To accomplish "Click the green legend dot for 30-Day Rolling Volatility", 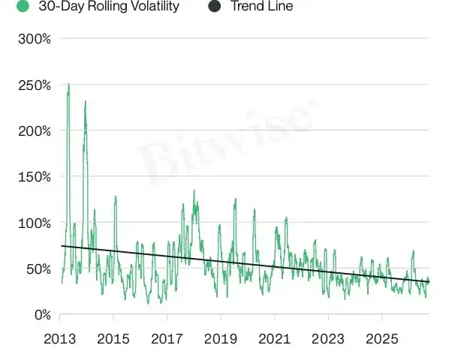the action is [23, 6].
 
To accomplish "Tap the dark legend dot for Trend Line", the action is [215, 6].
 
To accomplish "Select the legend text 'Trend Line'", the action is [262, 6].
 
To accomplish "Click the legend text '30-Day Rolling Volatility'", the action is [109, 6].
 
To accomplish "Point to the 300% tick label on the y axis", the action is [35, 39].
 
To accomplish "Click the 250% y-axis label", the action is [35, 85].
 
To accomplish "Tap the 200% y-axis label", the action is [35, 132].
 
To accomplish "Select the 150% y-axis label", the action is [35, 177].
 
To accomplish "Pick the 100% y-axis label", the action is [35, 223].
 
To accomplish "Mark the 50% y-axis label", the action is [38, 269].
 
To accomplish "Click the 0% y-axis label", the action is [43, 315].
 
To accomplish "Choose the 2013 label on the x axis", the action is [59, 339].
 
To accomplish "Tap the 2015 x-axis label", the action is [113, 339].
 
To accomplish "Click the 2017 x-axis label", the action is [167, 339].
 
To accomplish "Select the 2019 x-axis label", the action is [221, 339].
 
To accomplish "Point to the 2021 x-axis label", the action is [275, 339].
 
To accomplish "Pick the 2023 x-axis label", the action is [328, 339].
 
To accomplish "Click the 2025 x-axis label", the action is [382, 339].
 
